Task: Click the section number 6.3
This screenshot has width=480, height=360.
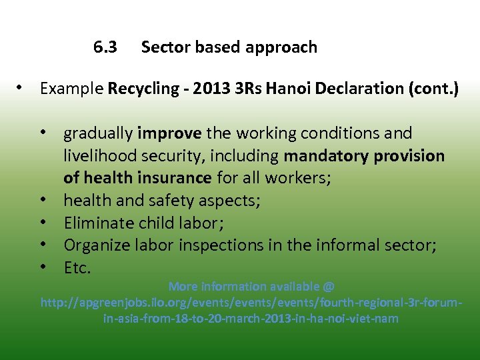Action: pyautogui.click(x=105, y=47)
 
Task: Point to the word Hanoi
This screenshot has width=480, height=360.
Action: pyautogui.click(x=287, y=89)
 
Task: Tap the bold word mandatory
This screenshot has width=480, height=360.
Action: pyautogui.click(x=325, y=156)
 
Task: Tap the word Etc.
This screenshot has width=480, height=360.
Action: pyautogui.click(x=77, y=268)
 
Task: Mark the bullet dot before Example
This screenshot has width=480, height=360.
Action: pyautogui.click(x=23, y=88)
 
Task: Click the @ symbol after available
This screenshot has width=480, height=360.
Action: pyautogui.click(x=328, y=287)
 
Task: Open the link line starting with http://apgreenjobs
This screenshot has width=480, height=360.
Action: pyautogui.click(x=251, y=303)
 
